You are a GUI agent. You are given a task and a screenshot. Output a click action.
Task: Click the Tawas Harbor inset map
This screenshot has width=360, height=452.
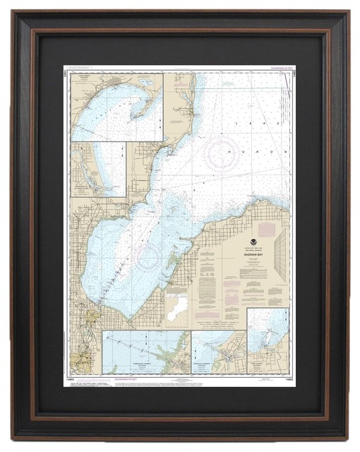tap(116, 106)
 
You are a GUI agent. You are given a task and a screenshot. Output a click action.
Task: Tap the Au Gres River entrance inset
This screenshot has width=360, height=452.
tap(97, 169)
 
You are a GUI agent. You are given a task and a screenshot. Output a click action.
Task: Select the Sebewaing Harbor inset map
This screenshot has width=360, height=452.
tap(146, 352)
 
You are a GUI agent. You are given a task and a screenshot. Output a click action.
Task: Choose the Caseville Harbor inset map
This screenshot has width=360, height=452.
tap(219, 352)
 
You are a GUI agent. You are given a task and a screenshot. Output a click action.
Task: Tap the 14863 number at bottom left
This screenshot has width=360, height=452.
tap(76, 379)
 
